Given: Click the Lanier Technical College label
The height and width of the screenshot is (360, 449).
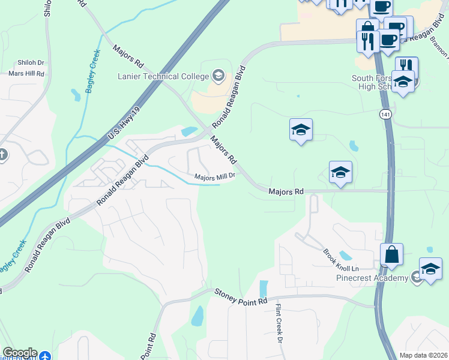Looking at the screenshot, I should [163, 76].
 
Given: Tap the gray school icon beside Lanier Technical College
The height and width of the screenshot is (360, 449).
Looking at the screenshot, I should [218, 76].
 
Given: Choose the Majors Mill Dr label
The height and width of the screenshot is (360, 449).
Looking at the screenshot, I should [217, 176].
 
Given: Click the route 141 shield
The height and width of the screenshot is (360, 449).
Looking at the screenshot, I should [385, 113].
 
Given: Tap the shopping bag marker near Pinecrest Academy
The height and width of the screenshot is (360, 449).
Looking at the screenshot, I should [391, 254].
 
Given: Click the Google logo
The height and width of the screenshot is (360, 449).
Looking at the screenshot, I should [19, 353].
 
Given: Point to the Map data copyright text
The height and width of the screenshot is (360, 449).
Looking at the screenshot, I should [423, 355].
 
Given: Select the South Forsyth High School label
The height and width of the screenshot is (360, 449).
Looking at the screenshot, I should [372, 82].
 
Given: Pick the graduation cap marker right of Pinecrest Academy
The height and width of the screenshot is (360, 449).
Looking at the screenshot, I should [430, 269].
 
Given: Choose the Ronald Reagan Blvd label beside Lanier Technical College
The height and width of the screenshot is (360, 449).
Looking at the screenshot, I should [229, 100].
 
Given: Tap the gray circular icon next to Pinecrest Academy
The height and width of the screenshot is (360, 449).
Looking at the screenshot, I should [415, 277].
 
